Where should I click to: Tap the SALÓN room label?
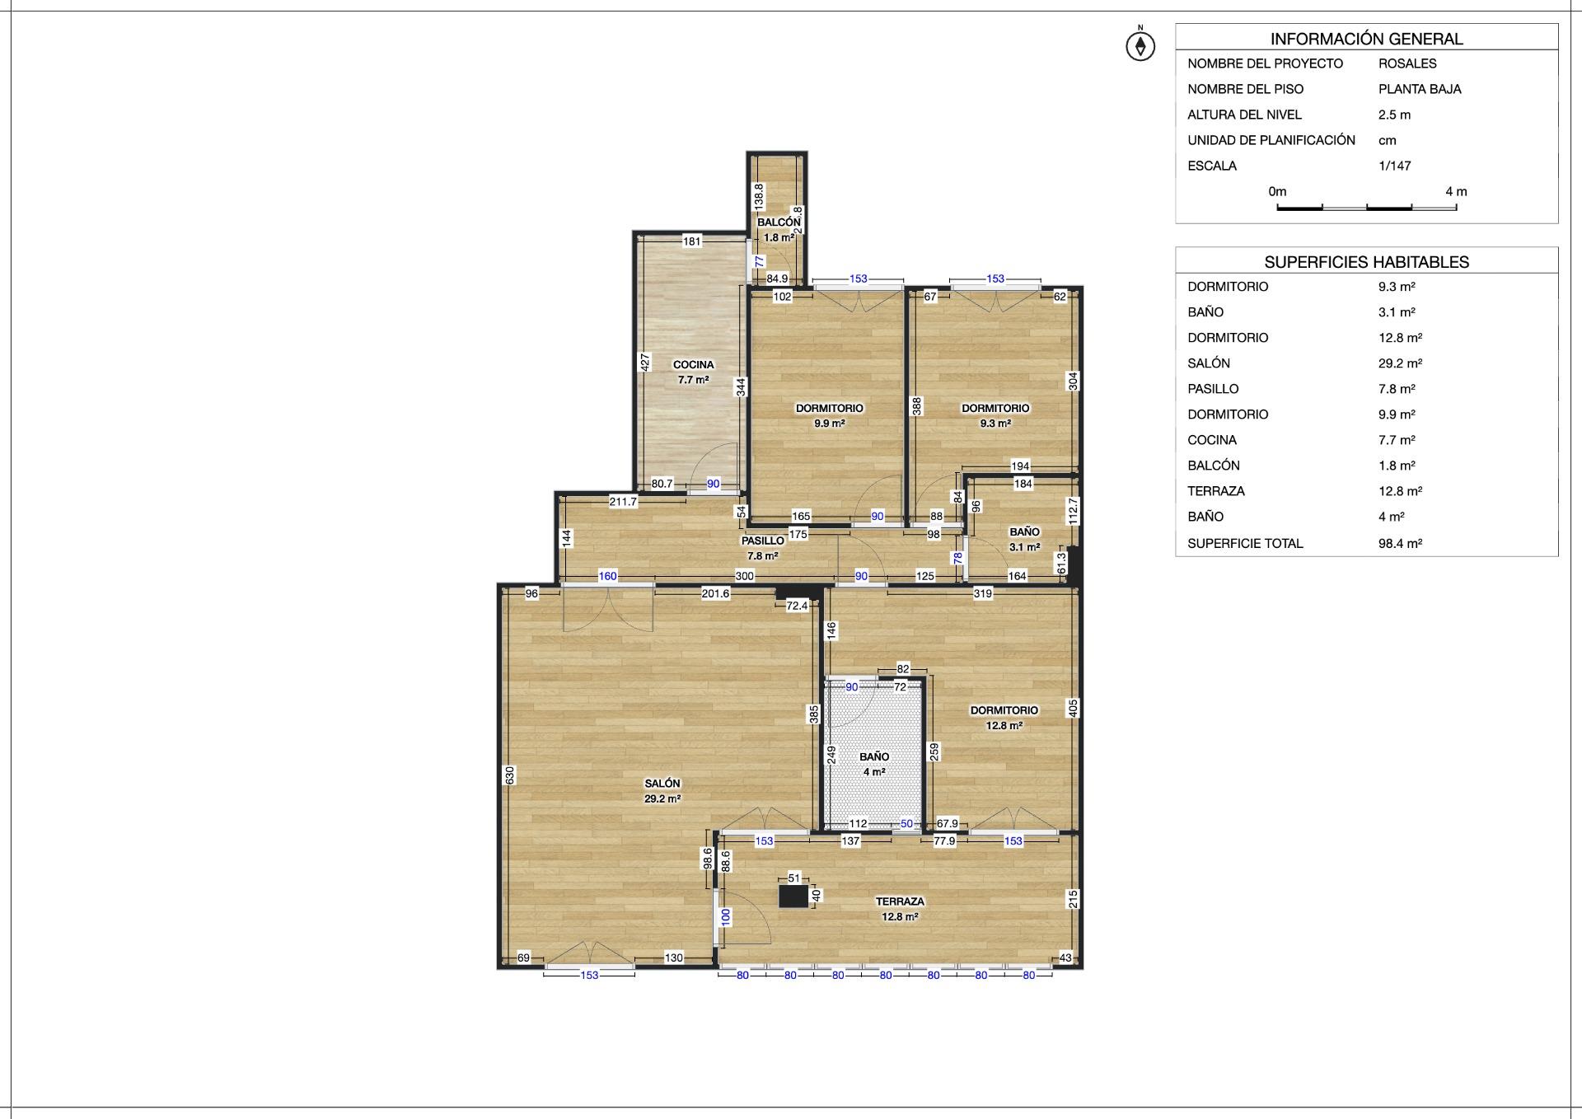click(662, 784)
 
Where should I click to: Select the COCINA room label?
click(694, 365)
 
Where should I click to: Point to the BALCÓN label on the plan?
click(779, 222)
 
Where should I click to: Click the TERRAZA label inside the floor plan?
click(900, 901)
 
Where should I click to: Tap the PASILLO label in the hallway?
click(763, 541)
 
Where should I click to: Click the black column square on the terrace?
click(793, 896)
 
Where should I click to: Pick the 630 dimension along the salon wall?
click(510, 775)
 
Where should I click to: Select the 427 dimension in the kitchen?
click(646, 362)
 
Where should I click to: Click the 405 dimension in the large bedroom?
click(1073, 708)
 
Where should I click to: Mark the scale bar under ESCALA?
click(1366, 207)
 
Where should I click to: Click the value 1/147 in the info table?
click(1394, 166)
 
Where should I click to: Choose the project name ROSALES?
click(1407, 63)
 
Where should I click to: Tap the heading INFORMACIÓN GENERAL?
click(1366, 39)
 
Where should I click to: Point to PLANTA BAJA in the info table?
click(1420, 89)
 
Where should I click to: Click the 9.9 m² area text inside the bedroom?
click(830, 424)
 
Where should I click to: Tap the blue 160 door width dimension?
click(607, 577)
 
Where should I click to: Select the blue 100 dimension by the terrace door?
click(726, 917)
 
